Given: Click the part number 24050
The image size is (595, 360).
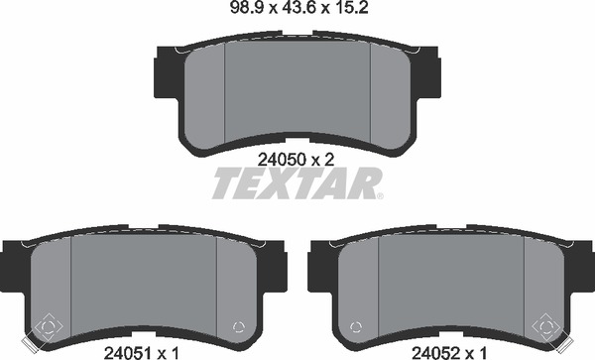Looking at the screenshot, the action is (x=282, y=160).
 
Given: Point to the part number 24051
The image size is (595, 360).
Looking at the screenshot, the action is (x=128, y=353).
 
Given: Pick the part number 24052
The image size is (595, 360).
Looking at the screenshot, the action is (x=436, y=353).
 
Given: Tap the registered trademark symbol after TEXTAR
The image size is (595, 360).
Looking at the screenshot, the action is (x=380, y=195).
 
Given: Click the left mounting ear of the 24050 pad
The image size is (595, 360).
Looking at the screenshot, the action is (x=166, y=72).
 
